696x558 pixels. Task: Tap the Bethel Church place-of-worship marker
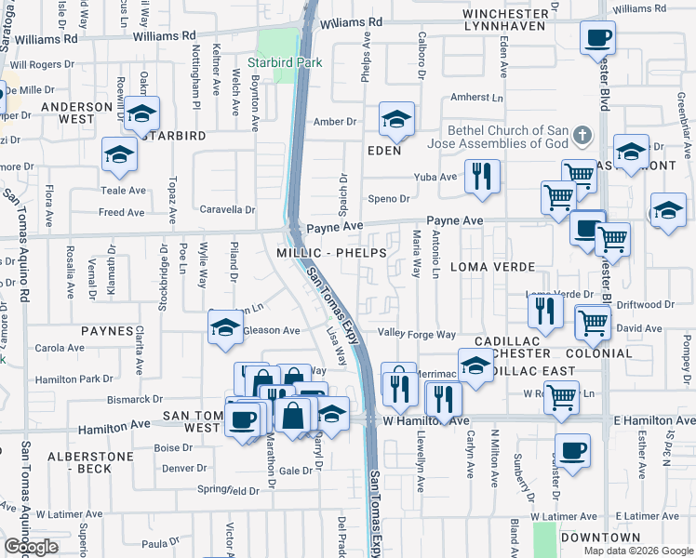coord(583,136)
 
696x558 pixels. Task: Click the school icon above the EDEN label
coord(395,120)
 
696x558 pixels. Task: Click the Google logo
coord(31,547)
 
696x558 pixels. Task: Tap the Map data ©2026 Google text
coord(637,551)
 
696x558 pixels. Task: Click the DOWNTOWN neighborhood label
coord(600,538)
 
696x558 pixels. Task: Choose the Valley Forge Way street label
coord(416,335)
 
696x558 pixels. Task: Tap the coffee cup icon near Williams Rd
coord(596,38)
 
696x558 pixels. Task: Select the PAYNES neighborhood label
coord(108,331)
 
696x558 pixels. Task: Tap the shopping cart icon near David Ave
coord(593,322)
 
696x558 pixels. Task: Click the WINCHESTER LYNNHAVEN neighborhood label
coord(505,21)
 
